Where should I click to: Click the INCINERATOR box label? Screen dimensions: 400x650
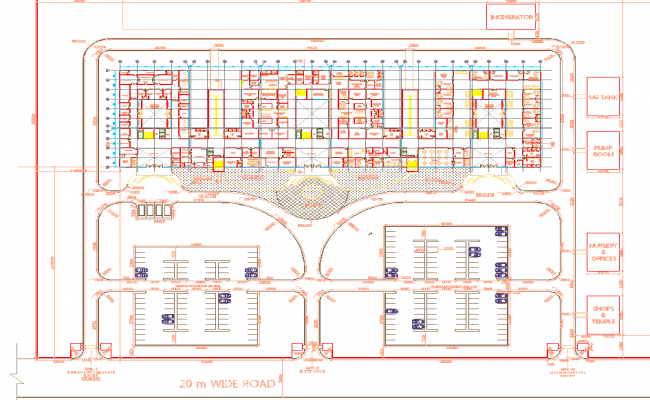pyautogui.click(x=512, y=18)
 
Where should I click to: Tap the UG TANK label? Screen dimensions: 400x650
pyautogui.click(x=602, y=98)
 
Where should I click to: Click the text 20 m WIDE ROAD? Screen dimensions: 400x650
pyautogui.click(x=227, y=384)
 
